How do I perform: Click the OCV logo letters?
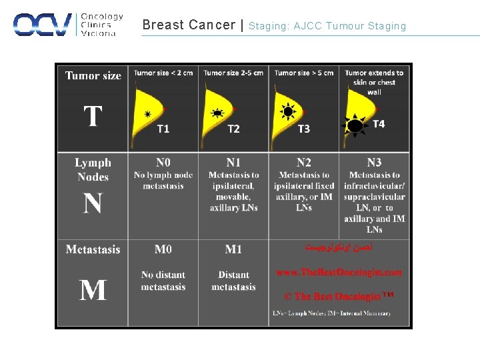[42, 25]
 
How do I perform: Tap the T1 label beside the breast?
[163, 129]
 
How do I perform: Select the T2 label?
[233, 129]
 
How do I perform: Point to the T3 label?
[304, 129]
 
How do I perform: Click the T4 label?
[378, 124]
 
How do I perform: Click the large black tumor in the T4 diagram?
[355, 125]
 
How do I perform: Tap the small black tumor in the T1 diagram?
[147, 114]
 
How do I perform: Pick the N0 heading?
[163, 162]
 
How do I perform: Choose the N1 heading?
[233, 162]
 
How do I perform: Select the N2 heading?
[304, 162]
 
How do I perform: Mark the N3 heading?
[375, 162]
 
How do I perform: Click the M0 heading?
[163, 249]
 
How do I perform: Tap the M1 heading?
[233, 249]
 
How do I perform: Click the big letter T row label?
[93, 117]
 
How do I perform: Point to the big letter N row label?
[93, 203]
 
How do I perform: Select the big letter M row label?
[93, 290]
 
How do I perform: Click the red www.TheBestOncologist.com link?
[339, 272]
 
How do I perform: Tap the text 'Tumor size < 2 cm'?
[163, 73]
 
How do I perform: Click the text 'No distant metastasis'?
[163, 281]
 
